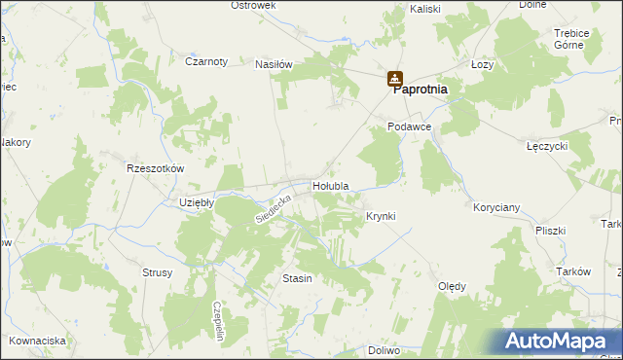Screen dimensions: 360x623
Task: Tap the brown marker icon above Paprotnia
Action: (394, 79)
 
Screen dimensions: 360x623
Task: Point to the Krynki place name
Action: (381, 216)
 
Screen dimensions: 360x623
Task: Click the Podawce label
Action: (408, 127)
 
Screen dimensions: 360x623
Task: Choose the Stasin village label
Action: (297, 278)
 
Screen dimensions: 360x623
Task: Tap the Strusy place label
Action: (157, 272)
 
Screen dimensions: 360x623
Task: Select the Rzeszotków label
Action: (156, 167)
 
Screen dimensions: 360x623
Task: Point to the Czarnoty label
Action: (206, 61)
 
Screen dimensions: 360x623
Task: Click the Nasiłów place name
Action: (274, 64)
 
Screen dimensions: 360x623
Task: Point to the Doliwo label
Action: (385, 349)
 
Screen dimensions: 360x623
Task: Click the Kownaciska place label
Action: (38, 341)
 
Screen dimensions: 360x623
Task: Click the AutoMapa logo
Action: (559, 341)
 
